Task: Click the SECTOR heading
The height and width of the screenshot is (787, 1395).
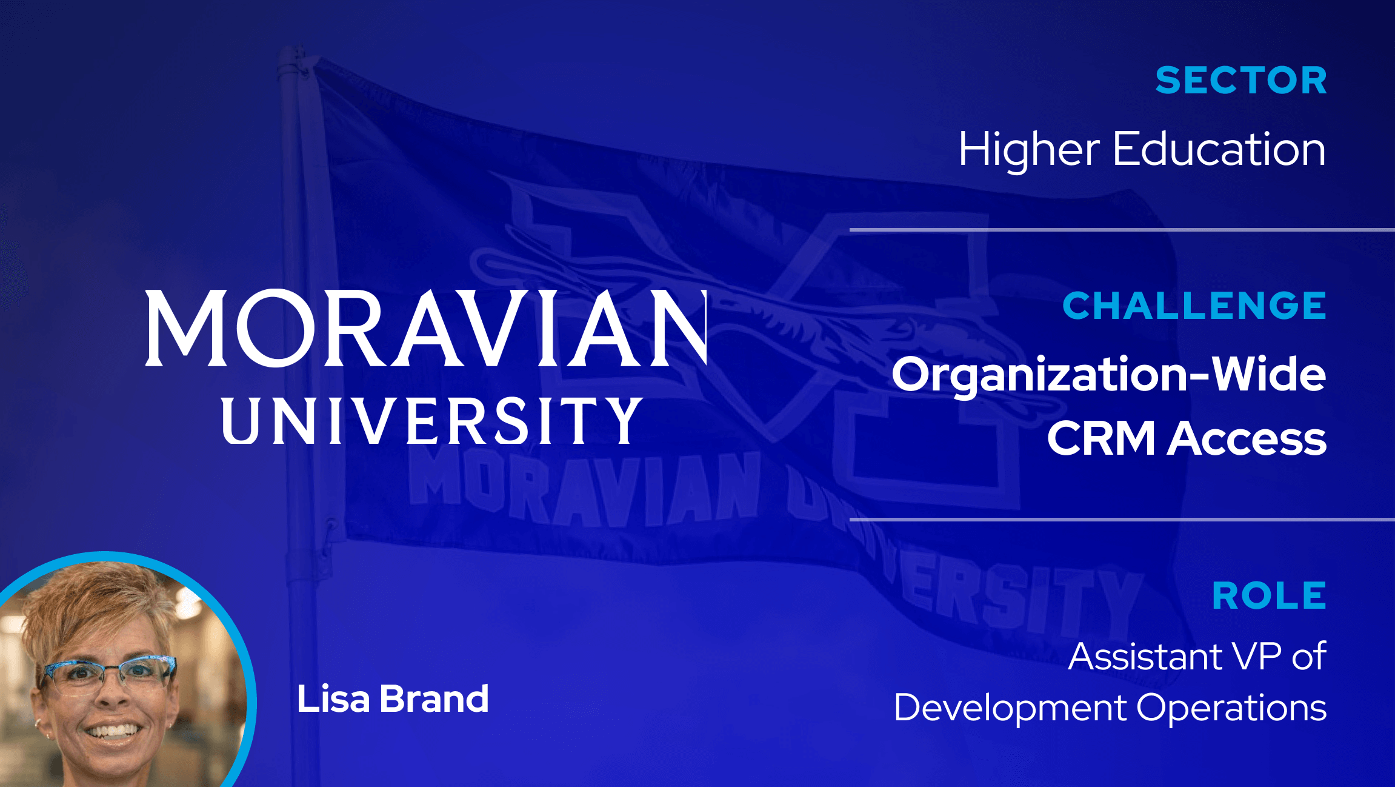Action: (1240, 81)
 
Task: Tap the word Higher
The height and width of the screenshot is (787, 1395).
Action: (1028, 150)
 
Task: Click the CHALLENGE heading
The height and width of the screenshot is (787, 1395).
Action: (1194, 306)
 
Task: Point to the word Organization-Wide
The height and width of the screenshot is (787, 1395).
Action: (1108, 375)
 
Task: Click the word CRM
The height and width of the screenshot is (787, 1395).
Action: (1101, 438)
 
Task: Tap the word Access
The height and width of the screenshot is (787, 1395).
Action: (1247, 438)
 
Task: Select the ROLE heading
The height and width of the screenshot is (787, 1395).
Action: (1269, 596)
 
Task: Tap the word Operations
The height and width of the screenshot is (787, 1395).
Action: (1231, 708)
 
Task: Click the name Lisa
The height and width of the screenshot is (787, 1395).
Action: (333, 699)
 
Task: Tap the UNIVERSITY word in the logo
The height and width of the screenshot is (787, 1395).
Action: (431, 421)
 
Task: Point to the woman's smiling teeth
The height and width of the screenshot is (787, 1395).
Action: (113, 731)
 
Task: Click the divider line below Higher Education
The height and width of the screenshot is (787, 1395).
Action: (1121, 230)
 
